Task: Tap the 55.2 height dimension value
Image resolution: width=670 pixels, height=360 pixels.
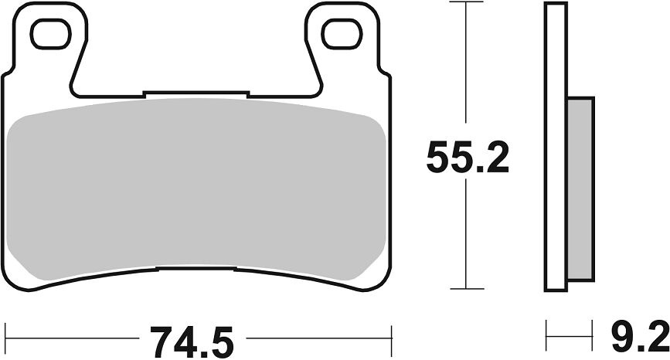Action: pyautogui.click(x=469, y=159)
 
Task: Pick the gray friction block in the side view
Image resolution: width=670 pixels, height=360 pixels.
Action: pyautogui.click(x=582, y=189)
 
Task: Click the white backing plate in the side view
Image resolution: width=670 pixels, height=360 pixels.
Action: pyautogui.click(x=556, y=147)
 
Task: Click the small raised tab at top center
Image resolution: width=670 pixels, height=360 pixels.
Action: pyautogui.click(x=195, y=95)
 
